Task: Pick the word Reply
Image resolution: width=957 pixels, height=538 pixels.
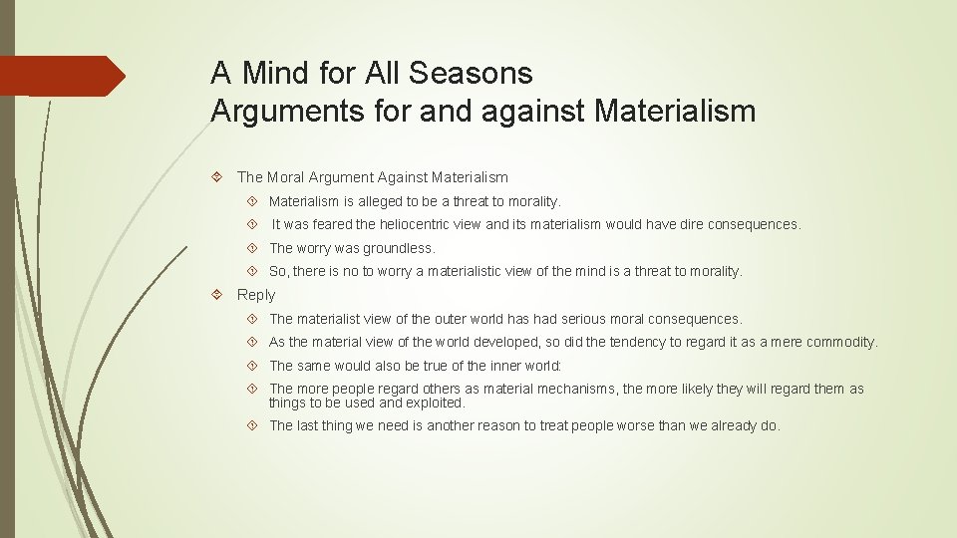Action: pyautogui.click(x=255, y=295)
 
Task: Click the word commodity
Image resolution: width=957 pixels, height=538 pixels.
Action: pyautogui.click(x=841, y=342)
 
